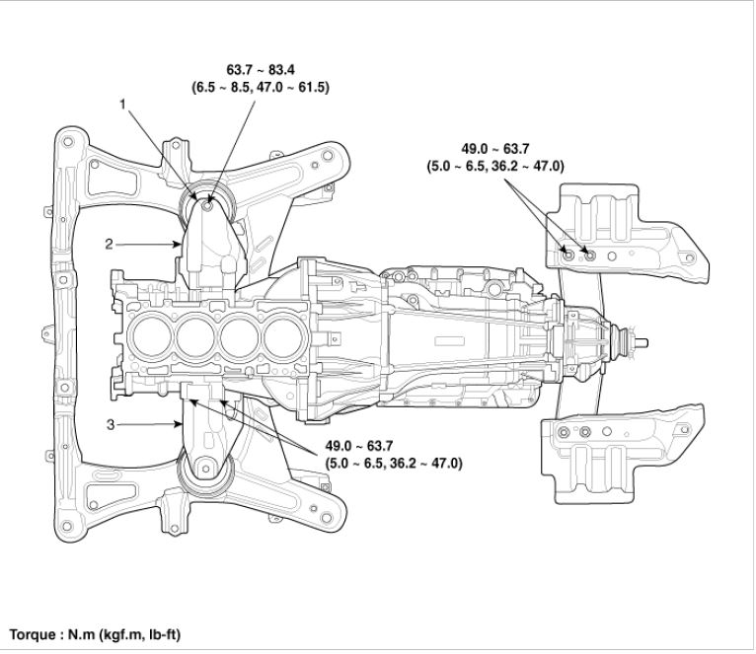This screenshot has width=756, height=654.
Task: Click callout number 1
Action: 123,103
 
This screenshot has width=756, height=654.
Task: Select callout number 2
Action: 112,244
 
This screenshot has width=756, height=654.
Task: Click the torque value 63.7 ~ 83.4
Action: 261,70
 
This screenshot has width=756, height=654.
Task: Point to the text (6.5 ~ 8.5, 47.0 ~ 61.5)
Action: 261,87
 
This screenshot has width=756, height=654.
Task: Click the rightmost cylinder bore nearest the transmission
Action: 279,340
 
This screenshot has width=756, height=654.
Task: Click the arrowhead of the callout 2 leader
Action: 179,244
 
